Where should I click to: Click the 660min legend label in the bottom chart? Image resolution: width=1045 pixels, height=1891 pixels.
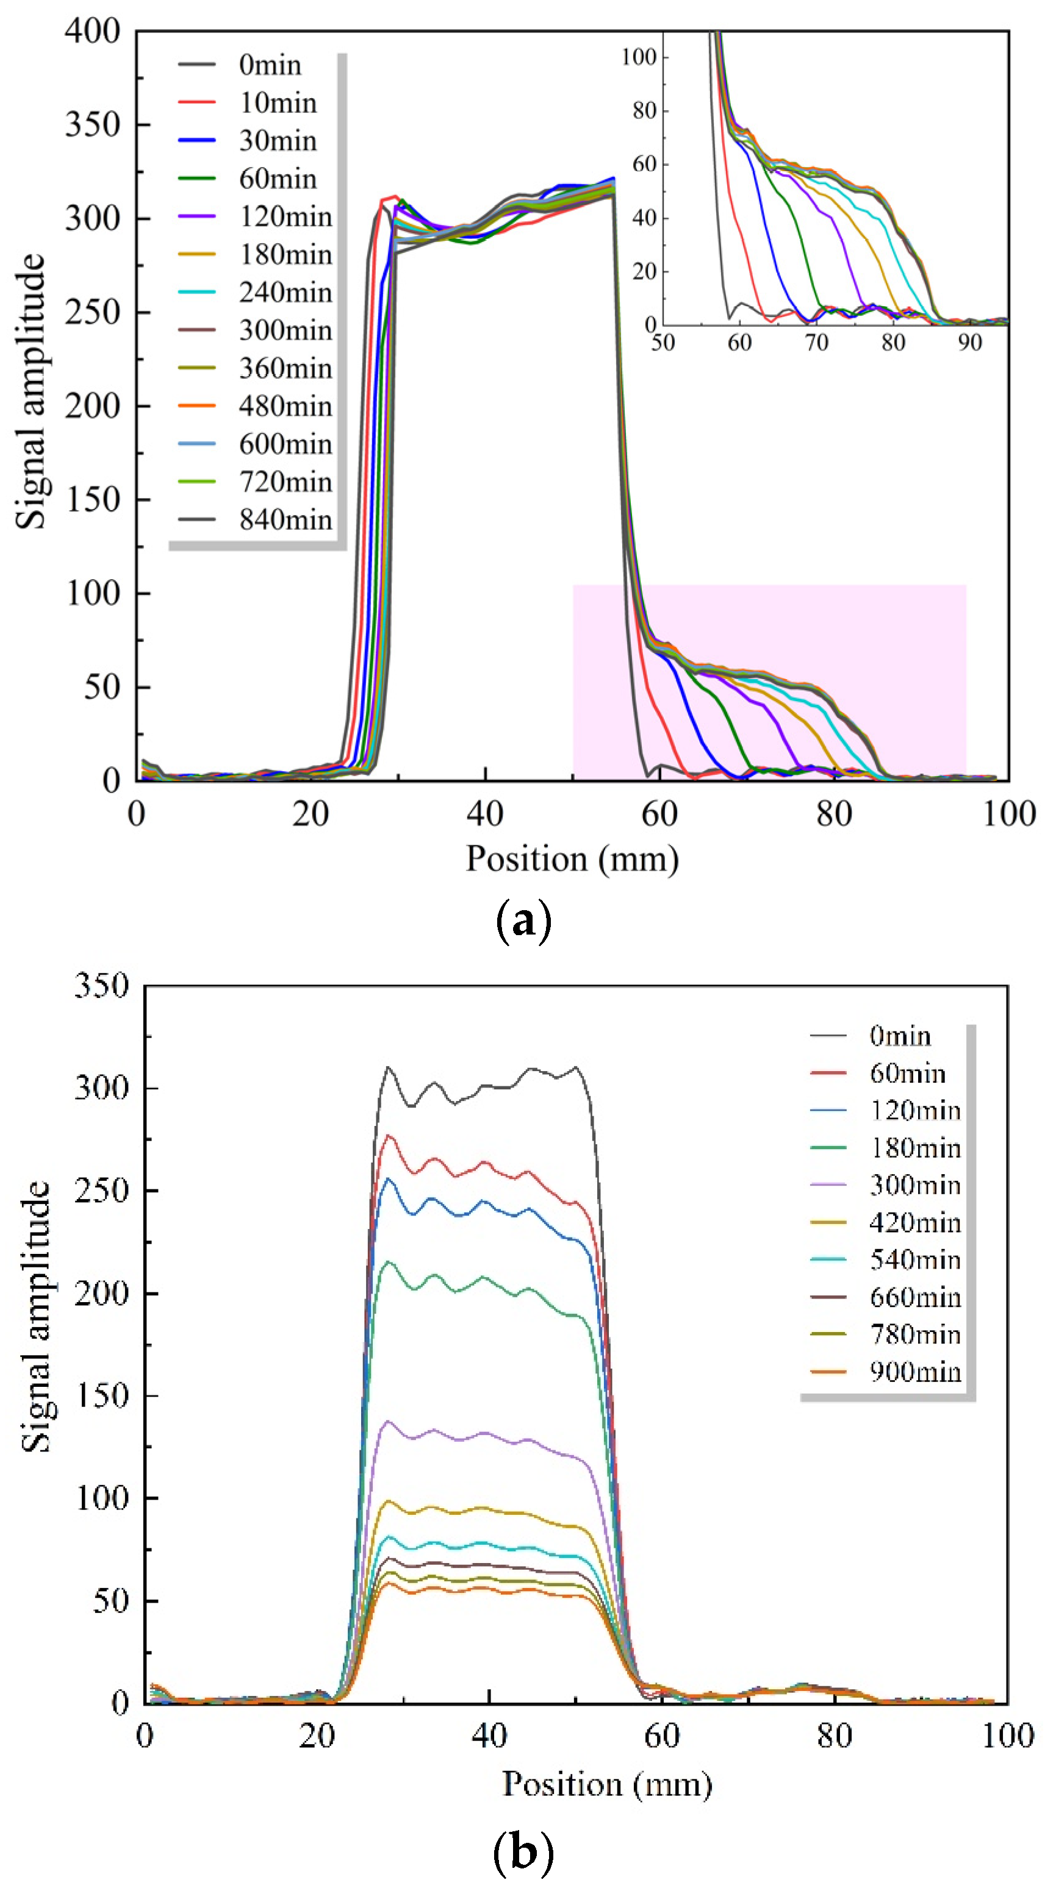click(x=915, y=1298)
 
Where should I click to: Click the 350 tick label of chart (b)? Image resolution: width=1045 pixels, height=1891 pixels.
click(x=101, y=985)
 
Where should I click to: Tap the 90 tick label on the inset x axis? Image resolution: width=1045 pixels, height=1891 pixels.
click(x=969, y=342)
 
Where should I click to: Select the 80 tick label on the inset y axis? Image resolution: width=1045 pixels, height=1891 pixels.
click(x=644, y=111)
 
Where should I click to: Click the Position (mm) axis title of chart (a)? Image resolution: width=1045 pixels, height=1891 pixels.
click(x=572, y=859)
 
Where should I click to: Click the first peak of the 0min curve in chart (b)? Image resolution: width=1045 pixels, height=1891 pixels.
click(x=389, y=1067)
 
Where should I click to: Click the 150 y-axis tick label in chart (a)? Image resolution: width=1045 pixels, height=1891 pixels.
click(x=93, y=500)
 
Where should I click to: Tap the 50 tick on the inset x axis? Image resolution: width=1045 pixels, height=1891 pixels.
click(x=663, y=342)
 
